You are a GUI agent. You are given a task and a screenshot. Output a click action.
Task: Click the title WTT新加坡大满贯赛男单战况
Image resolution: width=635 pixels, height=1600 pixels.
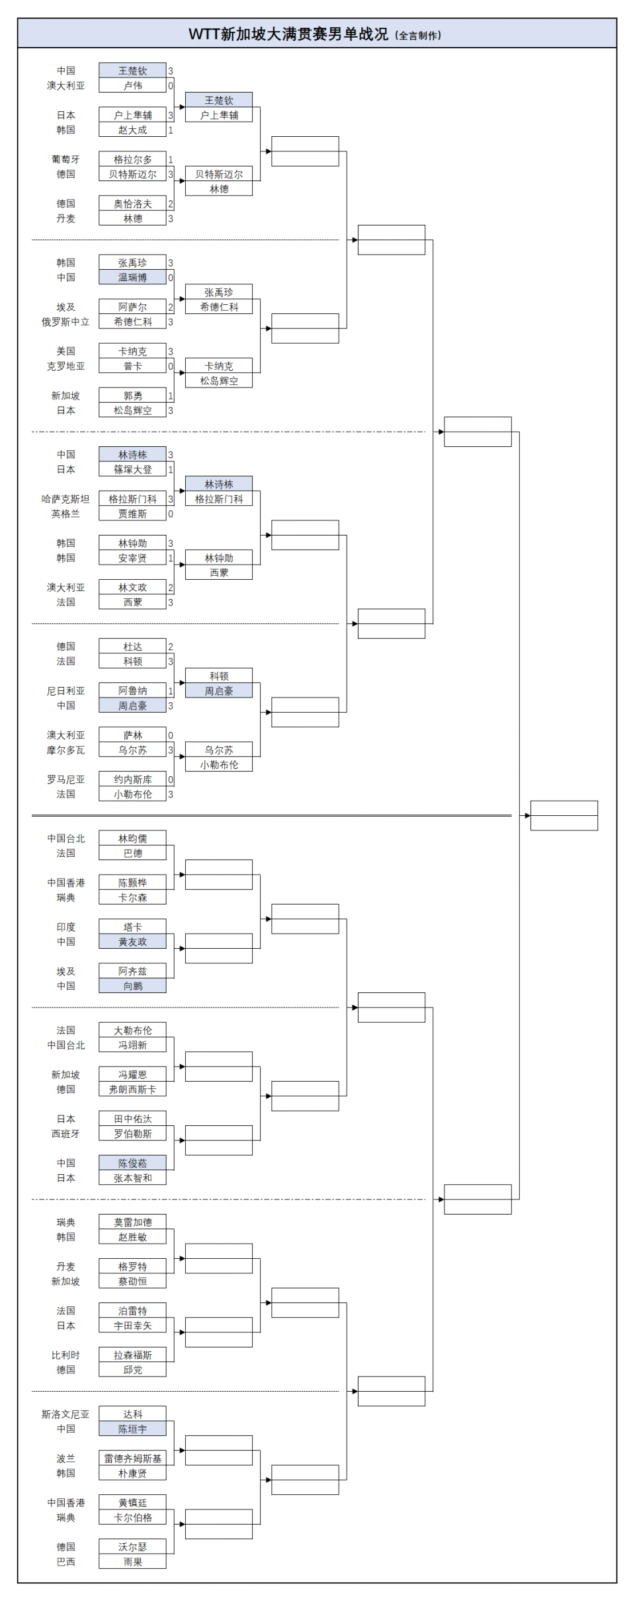coord(288,34)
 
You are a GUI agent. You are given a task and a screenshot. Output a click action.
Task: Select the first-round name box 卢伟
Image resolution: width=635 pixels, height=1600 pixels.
coord(132,85)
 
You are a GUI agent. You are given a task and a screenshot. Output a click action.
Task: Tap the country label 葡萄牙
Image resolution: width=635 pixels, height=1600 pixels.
coord(65,159)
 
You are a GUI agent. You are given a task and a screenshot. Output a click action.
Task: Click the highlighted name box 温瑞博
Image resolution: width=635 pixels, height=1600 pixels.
coord(132,278)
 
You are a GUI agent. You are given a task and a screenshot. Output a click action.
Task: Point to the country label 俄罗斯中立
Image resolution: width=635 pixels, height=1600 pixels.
coord(65,322)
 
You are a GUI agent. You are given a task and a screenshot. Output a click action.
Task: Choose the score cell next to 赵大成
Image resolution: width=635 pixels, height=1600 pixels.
coord(170,130)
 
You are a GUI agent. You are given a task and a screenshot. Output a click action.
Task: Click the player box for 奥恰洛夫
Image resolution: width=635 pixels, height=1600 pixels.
coord(132,204)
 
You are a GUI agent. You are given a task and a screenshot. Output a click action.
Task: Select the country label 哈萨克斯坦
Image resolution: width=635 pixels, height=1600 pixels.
coord(65,499)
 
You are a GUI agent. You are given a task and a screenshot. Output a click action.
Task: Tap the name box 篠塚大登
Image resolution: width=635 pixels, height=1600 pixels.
coord(132,469)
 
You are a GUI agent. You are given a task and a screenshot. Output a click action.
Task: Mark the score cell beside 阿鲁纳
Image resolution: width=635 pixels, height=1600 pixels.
coord(170,691)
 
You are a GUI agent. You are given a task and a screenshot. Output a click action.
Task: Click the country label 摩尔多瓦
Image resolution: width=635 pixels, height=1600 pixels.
coord(65,750)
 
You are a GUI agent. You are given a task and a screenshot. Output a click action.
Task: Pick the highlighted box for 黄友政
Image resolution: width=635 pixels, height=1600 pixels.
coord(132,941)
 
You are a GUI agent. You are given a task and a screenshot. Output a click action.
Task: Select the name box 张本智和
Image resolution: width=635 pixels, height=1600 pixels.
coord(132,1178)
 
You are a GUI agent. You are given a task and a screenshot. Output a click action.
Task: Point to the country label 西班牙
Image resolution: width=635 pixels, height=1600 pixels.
coord(65,1134)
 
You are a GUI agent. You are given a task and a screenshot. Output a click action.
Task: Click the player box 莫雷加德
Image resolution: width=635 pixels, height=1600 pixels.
coord(132,1222)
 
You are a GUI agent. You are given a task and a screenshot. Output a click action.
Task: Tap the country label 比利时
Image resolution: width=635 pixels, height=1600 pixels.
coord(65,1355)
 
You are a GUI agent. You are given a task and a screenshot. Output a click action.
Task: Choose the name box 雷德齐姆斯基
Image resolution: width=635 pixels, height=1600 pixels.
coord(132,1459)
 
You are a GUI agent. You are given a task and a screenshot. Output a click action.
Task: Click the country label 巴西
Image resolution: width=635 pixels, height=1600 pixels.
coord(65,1562)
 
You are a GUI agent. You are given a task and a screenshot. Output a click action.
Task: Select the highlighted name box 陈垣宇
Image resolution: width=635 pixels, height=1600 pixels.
coord(132,1429)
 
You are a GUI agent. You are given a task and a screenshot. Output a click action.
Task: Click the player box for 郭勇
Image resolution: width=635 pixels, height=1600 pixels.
coord(132,396)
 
